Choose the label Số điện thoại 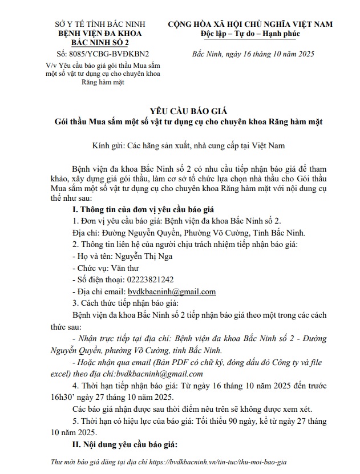[x=92, y=279]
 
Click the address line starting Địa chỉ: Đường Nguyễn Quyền [x=188, y=233]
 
